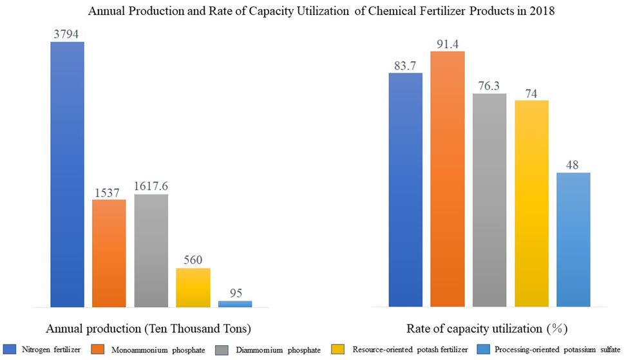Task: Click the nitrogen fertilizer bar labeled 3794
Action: (67, 175)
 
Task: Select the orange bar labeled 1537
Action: (109, 253)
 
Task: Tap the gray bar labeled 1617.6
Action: (151, 251)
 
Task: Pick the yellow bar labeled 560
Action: (193, 288)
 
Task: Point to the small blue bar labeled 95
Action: (235, 304)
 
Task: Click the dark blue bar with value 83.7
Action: (406, 190)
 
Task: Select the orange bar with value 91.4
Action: (448, 179)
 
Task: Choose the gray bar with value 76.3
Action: (489, 200)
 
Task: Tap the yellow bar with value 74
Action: (532, 204)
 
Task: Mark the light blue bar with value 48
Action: (574, 240)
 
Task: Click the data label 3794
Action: (66, 34)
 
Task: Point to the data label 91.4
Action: (448, 44)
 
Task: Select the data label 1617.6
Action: (151, 186)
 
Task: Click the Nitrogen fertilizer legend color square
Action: (10, 349)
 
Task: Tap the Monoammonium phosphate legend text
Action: (158, 350)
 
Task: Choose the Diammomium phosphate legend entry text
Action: (278, 350)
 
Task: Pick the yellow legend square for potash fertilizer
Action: (338, 349)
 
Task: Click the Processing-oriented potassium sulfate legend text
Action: (558, 350)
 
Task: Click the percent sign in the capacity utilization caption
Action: (557, 329)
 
